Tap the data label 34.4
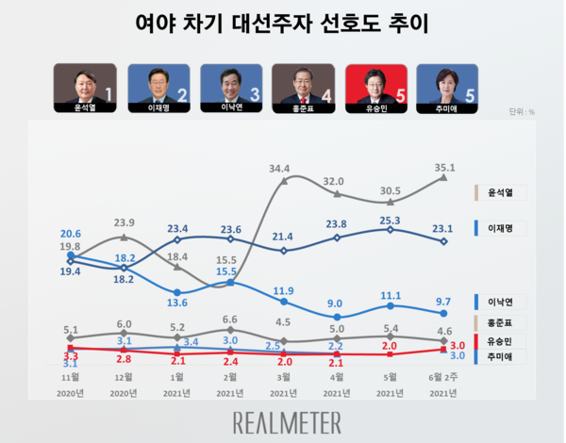point(278,168)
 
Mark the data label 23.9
point(125,223)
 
